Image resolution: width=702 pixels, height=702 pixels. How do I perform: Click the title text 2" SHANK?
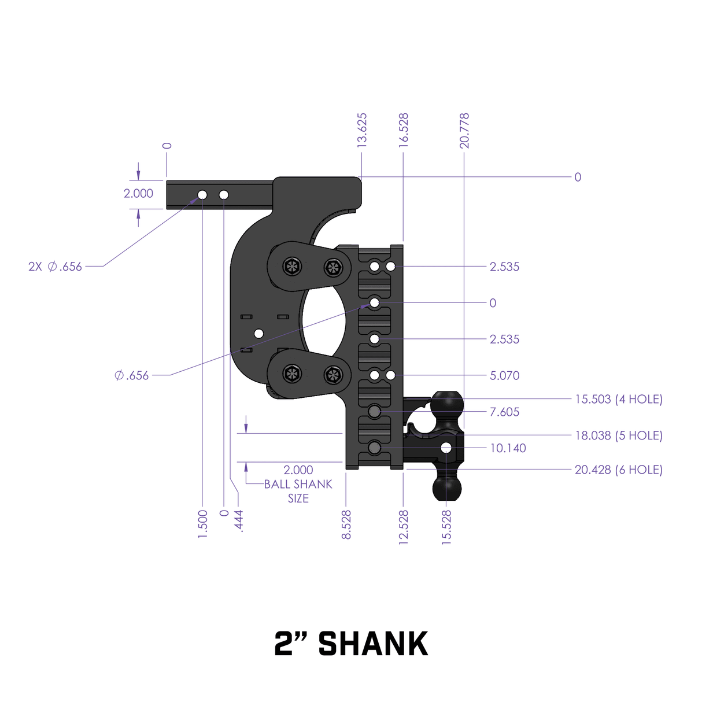click(x=351, y=644)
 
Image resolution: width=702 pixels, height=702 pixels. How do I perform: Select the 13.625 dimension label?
click(x=362, y=130)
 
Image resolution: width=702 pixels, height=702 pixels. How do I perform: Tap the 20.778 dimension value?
click(x=464, y=130)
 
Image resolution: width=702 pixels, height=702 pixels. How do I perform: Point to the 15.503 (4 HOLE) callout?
click(x=618, y=399)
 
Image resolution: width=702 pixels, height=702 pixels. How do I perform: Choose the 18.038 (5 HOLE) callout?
click(x=618, y=435)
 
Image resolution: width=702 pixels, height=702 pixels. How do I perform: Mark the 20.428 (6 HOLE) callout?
click(x=618, y=470)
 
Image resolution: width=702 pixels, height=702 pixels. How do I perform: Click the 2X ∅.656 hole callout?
click(x=56, y=267)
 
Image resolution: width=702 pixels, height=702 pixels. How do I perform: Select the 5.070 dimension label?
click(x=504, y=375)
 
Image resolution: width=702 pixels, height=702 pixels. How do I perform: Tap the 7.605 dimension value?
click(x=504, y=412)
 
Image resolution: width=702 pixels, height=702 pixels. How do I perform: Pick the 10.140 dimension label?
click(x=508, y=448)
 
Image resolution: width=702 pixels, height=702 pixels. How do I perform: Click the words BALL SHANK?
click(x=298, y=484)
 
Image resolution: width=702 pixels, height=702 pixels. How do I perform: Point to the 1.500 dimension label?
click(x=202, y=524)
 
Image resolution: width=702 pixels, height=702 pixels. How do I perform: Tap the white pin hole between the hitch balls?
click(x=446, y=448)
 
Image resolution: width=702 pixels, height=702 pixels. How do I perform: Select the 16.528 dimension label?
click(x=404, y=130)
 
